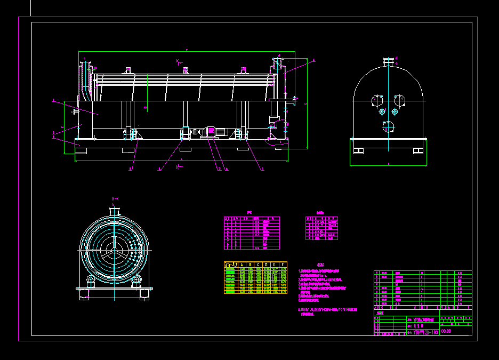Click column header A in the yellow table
tap(242, 264)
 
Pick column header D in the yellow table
tap(267, 264)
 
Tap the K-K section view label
tap(115, 198)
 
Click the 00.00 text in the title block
tap(446, 331)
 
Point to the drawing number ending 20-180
tap(425, 332)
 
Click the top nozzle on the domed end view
tap(389, 61)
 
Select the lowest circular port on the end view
tap(389, 126)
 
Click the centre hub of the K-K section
tap(114, 250)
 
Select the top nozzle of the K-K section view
tap(114, 211)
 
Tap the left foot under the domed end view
tap(358, 151)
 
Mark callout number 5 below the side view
tap(262, 169)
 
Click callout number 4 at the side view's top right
tap(313, 60)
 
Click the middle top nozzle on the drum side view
tap(185, 69)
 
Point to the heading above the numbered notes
tap(320, 265)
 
